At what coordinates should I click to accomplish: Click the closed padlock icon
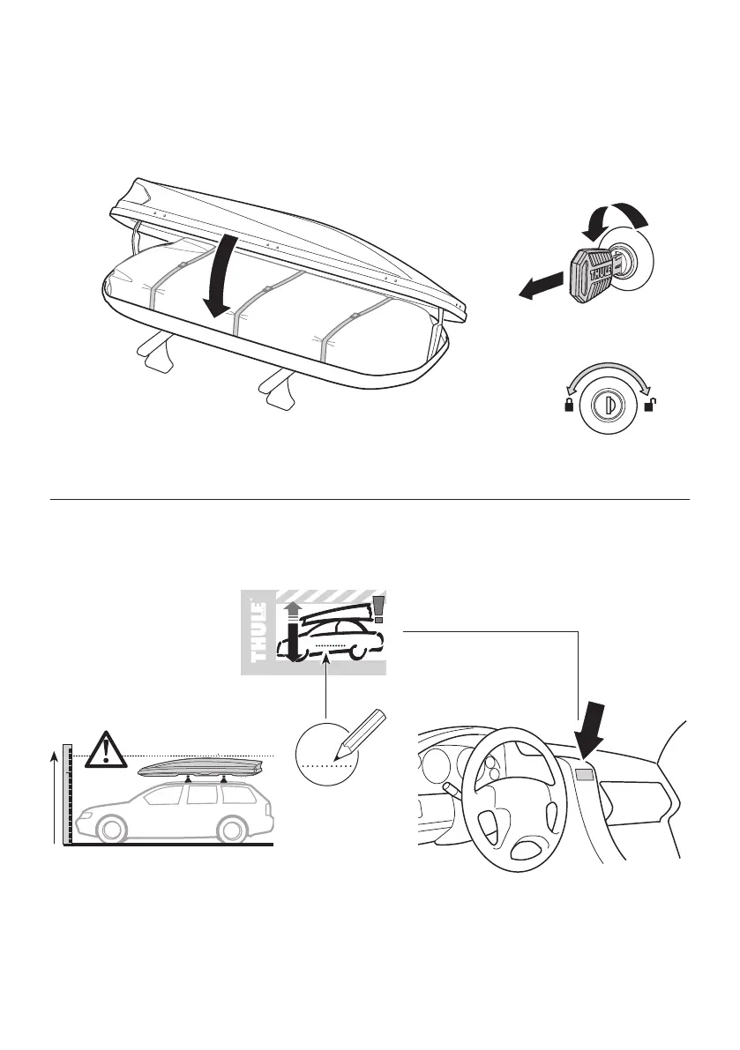pos(570,406)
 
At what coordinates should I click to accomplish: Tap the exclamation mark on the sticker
pos(379,608)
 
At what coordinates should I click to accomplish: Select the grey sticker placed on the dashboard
pos(584,776)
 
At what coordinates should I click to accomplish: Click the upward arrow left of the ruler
pos(55,793)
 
